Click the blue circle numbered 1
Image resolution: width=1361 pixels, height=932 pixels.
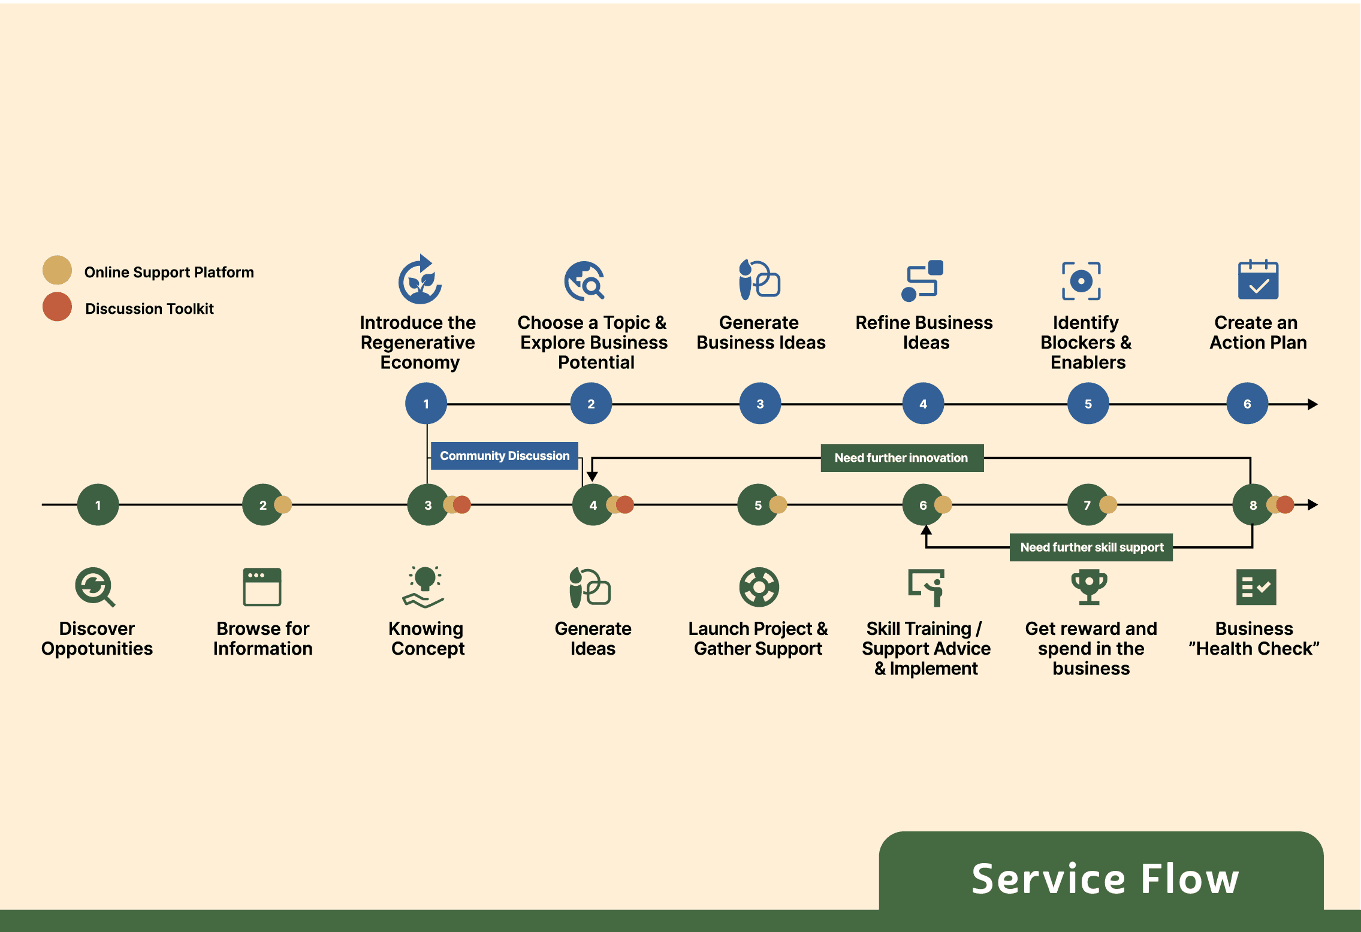coord(426,404)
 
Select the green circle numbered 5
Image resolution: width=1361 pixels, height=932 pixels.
coord(758,505)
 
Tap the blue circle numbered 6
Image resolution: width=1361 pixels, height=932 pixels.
coord(1247,404)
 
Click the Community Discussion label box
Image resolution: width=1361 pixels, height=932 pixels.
coord(505,456)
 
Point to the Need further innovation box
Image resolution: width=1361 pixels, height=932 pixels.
coord(901,458)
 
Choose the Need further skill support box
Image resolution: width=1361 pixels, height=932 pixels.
coord(1091,547)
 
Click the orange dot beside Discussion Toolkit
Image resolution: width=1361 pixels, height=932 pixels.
coord(57,307)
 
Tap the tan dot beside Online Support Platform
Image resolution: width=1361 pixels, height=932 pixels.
coord(57,270)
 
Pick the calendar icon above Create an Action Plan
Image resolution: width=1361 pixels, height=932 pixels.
coord(1258,280)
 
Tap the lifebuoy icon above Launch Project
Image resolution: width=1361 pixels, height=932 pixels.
coord(759,587)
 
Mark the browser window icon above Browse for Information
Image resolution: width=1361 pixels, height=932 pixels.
coord(262,587)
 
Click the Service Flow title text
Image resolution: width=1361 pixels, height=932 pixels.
coord(1105,879)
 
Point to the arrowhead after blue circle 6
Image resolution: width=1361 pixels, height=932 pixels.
coord(1312,404)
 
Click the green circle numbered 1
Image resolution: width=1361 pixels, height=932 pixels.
coord(98,505)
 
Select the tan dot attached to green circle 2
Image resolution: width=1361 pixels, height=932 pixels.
coord(283,505)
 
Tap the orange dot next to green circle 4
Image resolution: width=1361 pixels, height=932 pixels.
coord(626,505)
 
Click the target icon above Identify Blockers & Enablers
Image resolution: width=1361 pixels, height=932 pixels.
coord(1081,281)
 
